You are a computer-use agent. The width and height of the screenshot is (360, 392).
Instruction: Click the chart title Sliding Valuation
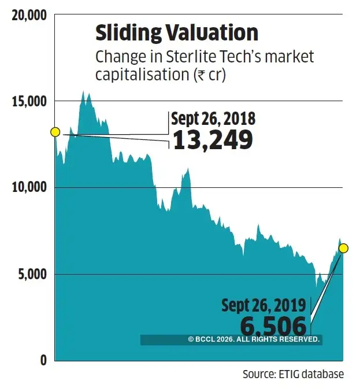click(176, 33)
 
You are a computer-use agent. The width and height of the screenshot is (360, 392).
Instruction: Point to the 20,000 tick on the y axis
click(28, 16)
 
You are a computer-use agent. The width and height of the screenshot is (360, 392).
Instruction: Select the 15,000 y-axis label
click(28, 102)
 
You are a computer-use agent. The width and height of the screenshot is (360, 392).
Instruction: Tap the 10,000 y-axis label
click(28, 188)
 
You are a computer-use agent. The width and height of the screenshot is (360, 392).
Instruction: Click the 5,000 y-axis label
click(31, 274)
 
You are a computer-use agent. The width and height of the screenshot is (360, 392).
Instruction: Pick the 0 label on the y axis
click(43, 360)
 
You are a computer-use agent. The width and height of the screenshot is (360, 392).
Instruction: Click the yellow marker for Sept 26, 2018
click(55, 132)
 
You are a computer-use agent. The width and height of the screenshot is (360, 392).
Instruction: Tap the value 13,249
click(213, 140)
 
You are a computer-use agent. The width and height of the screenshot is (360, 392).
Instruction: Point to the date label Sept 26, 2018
click(213, 119)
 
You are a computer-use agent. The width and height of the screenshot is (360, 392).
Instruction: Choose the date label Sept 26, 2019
click(265, 305)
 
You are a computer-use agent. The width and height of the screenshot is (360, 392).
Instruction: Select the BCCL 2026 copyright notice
click(254, 340)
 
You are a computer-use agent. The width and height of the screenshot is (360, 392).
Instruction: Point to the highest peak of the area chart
click(84, 91)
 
